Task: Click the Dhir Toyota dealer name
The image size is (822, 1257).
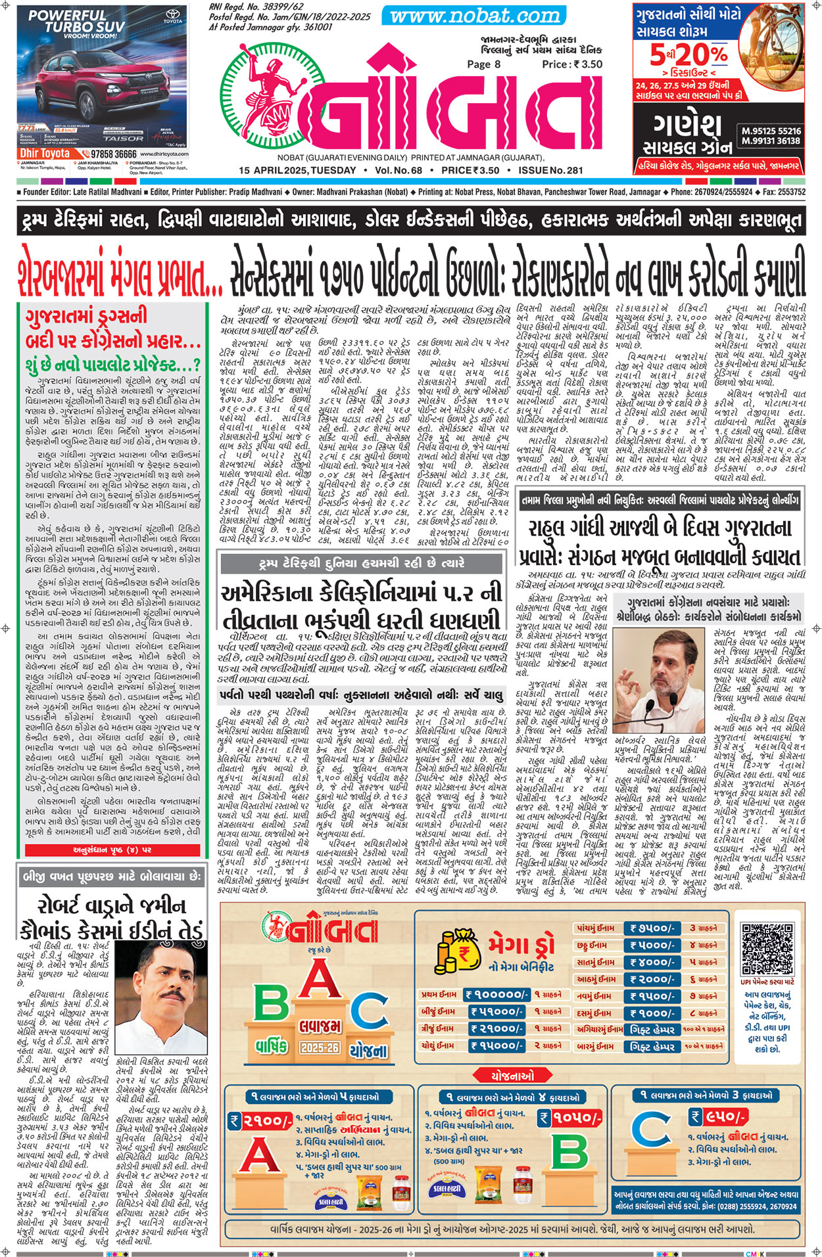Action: [45, 153]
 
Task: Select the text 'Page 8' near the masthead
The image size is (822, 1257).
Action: [483, 64]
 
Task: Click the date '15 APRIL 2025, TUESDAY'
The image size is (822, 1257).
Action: [297, 171]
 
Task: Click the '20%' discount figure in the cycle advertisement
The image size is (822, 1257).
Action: [701, 55]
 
